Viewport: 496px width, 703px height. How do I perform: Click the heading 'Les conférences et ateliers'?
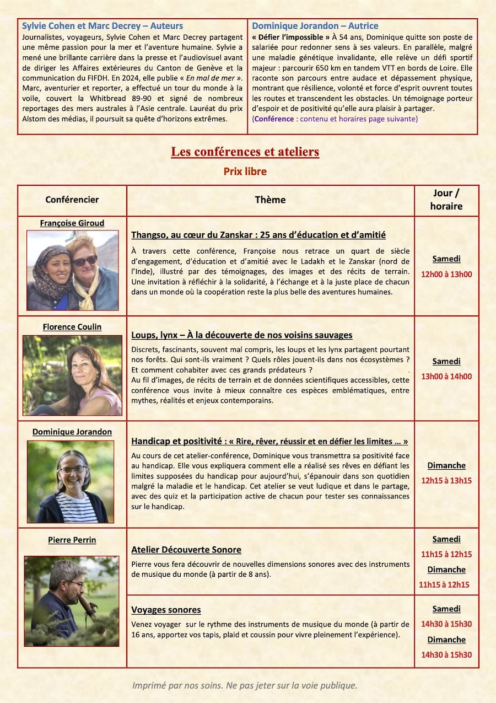(x=245, y=152)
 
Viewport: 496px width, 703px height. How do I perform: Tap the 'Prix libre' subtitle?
(x=245, y=171)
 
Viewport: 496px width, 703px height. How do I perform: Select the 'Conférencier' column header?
(x=72, y=200)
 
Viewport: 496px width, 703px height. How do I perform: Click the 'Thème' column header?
(x=270, y=200)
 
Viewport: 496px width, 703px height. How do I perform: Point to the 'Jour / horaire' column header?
(x=446, y=200)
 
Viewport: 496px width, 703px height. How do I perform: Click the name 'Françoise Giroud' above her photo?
(x=72, y=223)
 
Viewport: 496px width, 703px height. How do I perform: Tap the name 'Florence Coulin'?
(x=72, y=327)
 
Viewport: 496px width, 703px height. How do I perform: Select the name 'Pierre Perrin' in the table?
(x=72, y=540)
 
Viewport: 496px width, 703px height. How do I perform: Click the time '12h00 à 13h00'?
(x=446, y=274)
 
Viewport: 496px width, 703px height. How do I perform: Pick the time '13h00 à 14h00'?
(x=446, y=377)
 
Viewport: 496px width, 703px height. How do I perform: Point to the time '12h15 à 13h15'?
(x=446, y=480)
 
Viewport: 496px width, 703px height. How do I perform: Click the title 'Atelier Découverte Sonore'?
(x=186, y=550)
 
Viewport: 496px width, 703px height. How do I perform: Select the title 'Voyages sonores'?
(x=166, y=610)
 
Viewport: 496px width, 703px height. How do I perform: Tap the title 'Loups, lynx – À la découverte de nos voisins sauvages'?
(x=242, y=335)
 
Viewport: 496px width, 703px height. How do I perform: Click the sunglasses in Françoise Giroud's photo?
(x=85, y=260)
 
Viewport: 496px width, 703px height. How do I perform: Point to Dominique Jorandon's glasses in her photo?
(x=73, y=470)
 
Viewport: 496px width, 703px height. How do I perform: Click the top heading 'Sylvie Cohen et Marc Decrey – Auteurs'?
(x=103, y=26)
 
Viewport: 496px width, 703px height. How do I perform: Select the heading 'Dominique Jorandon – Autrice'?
(x=315, y=26)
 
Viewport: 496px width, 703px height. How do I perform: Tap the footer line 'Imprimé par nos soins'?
(x=245, y=685)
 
